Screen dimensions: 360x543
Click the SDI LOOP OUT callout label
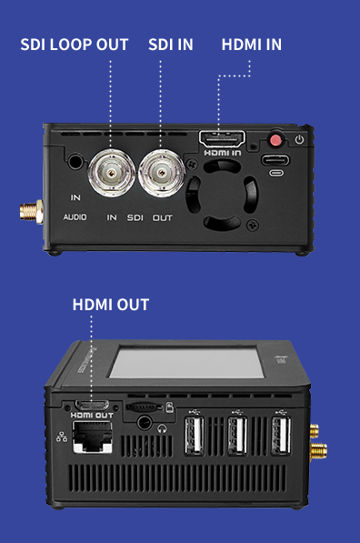[75, 45]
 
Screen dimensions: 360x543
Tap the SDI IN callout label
[171, 45]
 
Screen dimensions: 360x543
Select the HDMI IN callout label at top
[252, 45]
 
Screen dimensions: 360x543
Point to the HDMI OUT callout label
[111, 305]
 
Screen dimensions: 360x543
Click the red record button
[275, 140]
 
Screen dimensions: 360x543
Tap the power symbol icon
[299, 139]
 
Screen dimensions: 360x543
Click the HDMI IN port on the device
[222, 138]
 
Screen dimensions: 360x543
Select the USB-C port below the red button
[275, 160]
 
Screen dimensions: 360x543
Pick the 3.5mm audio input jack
[75, 161]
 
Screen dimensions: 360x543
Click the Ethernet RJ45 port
[92, 437]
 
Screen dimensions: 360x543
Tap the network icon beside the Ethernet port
[62, 437]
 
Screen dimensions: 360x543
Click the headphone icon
[162, 429]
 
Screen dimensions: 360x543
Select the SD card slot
[144, 407]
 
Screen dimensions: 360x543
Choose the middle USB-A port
[237, 436]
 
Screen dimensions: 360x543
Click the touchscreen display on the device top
[187, 363]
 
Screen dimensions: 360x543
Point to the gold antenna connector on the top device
[31, 212]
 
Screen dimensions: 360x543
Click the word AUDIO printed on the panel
[75, 217]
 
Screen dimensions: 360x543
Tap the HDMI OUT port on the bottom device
[92, 405]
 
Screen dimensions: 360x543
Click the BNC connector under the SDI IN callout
[161, 173]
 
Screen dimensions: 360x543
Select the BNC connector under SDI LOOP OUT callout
[112, 173]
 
